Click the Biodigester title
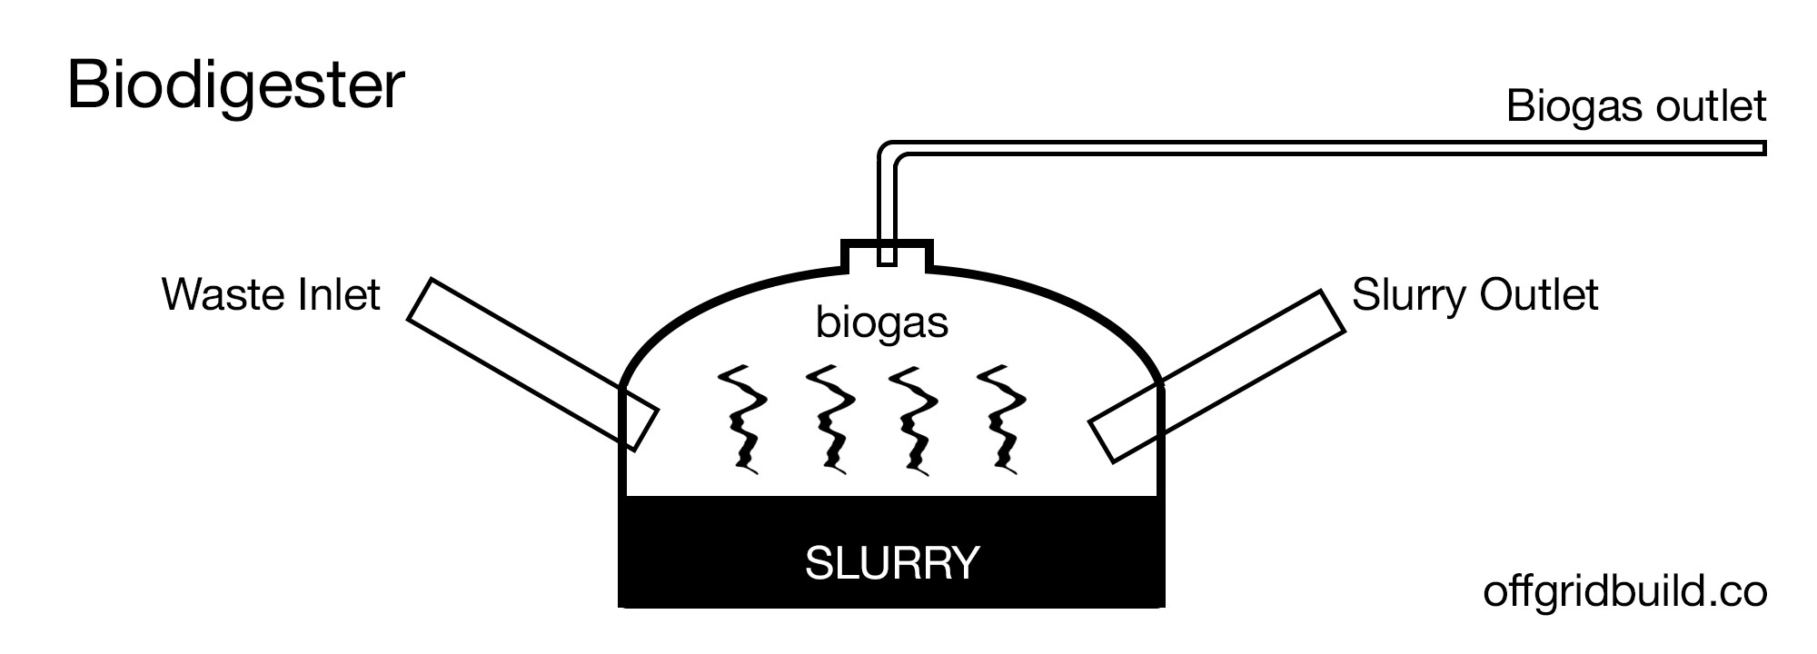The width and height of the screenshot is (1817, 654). pos(235,87)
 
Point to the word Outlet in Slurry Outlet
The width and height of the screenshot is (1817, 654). pos(1539,295)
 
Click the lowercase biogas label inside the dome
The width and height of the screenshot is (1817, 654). pos(882,323)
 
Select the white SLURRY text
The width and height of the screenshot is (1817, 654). pos(892,563)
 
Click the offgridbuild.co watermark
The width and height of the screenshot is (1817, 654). pos(1625,592)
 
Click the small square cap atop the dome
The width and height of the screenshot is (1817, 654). pos(887,254)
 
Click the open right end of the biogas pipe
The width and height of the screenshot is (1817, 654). pos(1763,147)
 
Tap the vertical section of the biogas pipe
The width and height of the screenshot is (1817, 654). pos(888,209)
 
